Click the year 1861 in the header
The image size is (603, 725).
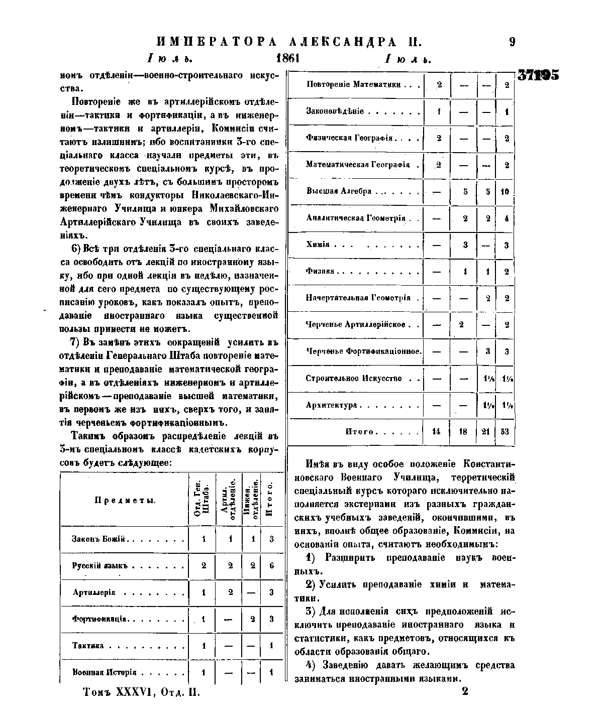click(288, 58)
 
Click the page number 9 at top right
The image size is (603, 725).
click(512, 42)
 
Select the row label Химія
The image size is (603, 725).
click(318, 245)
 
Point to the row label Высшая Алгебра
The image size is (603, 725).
click(339, 191)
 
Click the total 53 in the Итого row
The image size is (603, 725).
click(506, 431)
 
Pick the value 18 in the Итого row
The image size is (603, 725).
click(463, 431)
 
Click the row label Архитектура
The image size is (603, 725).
click(331, 405)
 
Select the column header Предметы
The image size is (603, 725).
click(125, 500)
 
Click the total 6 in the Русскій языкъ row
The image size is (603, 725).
click(271, 565)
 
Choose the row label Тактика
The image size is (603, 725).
click(88, 646)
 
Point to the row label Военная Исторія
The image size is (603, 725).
click(105, 672)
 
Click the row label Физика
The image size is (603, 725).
click(320, 271)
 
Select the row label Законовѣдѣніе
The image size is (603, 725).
click(335, 111)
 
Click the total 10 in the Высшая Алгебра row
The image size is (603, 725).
click(506, 191)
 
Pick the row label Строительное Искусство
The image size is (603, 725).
click(354, 378)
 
